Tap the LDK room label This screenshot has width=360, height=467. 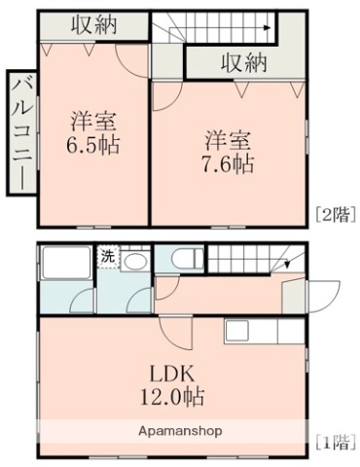coord(176,374)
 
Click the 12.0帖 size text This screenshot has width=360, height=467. coord(176,397)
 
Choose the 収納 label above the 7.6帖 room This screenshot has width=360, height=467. coord(242,63)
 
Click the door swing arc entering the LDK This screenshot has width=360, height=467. coord(175,335)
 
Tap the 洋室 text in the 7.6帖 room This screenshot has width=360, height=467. coord(228,136)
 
